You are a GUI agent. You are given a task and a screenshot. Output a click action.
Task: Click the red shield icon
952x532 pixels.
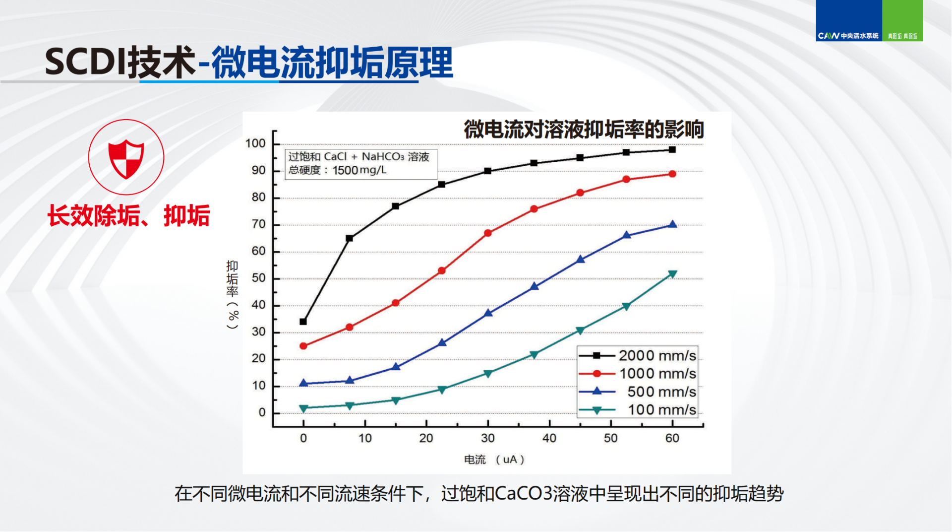point(126,158)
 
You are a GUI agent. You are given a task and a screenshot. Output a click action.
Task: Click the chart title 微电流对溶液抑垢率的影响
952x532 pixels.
point(584,130)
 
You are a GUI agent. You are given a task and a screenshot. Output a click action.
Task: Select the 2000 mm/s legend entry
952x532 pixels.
point(638,355)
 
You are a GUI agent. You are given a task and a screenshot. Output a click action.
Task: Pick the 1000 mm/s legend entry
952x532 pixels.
point(638,374)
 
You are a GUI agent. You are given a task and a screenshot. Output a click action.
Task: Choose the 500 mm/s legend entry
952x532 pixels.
point(638,392)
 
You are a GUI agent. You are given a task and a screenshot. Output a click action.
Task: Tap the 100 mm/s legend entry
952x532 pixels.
point(638,410)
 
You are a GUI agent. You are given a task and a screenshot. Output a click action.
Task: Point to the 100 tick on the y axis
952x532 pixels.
point(256,143)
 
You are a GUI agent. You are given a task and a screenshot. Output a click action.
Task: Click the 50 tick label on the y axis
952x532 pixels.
point(258,278)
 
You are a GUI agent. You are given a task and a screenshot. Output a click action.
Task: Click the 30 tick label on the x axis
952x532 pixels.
point(487,438)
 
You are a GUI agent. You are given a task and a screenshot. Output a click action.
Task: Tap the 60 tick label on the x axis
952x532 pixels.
point(672,438)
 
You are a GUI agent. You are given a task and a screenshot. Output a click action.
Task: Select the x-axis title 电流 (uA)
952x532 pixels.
point(494,460)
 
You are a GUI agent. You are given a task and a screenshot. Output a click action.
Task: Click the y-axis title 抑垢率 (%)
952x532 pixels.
point(232,294)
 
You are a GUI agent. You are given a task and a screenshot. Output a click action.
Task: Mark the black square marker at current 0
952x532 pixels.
point(303,322)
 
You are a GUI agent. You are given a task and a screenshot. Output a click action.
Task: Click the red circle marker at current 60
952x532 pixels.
point(672,174)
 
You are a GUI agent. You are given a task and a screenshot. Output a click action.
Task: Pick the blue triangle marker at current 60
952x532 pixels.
point(672,225)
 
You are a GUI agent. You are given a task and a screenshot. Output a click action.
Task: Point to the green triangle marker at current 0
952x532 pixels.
point(303,408)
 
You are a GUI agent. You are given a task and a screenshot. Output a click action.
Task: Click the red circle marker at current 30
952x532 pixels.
point(488,233)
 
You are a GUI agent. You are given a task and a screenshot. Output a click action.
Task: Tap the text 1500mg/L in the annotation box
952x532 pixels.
point(359,170)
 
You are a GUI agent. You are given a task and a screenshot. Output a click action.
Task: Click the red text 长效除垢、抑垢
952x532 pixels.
point(128,216)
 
